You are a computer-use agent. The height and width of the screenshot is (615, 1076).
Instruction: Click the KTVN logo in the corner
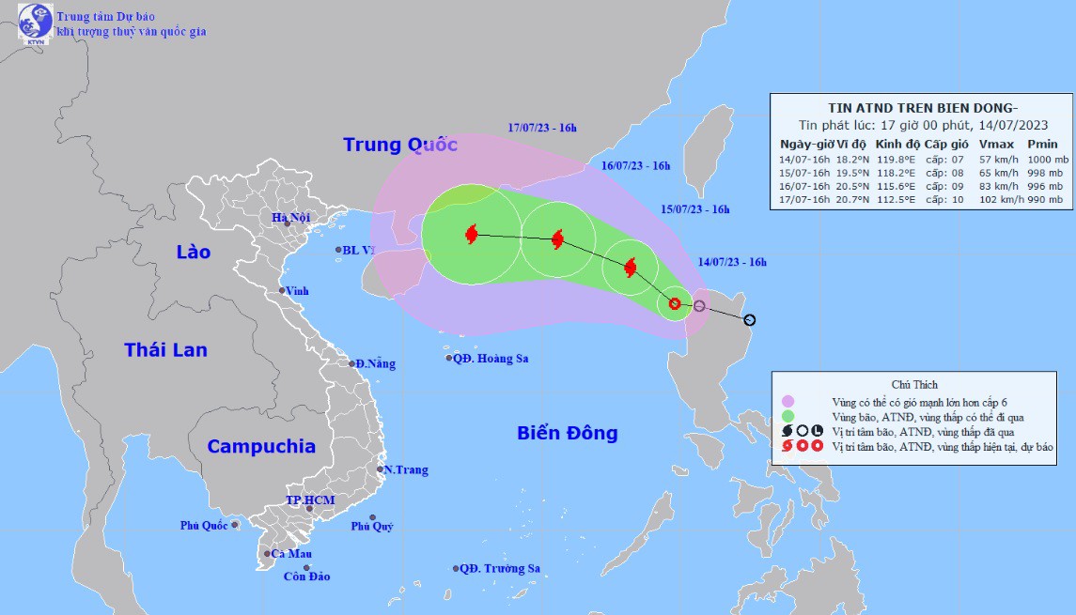[36, 23]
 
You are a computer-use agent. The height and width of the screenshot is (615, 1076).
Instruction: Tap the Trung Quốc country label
[400, 145]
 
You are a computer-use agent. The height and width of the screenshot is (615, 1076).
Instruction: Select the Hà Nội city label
[291, 219]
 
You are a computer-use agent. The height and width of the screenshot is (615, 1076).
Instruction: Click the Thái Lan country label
[165, 350]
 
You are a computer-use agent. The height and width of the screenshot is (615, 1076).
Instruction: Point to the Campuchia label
[261, 447]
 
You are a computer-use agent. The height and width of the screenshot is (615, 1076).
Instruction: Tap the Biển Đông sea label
[567, 433]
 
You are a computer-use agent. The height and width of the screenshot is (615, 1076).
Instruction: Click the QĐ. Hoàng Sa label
[490, 359]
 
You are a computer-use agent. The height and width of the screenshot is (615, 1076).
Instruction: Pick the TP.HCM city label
[310, 500]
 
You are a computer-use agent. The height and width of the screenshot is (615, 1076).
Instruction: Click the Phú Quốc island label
[204, 526]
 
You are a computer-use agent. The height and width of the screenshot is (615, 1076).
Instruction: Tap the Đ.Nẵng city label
[374, 364]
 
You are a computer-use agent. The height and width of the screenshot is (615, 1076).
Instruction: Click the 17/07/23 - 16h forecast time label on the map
[541, 128]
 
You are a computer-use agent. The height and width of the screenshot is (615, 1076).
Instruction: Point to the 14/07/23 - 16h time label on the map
[732, 263]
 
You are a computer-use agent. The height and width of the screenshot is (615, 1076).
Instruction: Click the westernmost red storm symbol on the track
[472, 234]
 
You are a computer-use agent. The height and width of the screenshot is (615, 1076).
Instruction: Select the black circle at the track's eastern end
[749, 320]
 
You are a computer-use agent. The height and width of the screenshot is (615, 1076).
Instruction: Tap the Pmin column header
[1042, 145]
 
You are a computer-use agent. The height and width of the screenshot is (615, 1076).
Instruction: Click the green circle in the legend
[788, 416]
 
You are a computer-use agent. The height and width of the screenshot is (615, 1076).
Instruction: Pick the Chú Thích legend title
[914, 385]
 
